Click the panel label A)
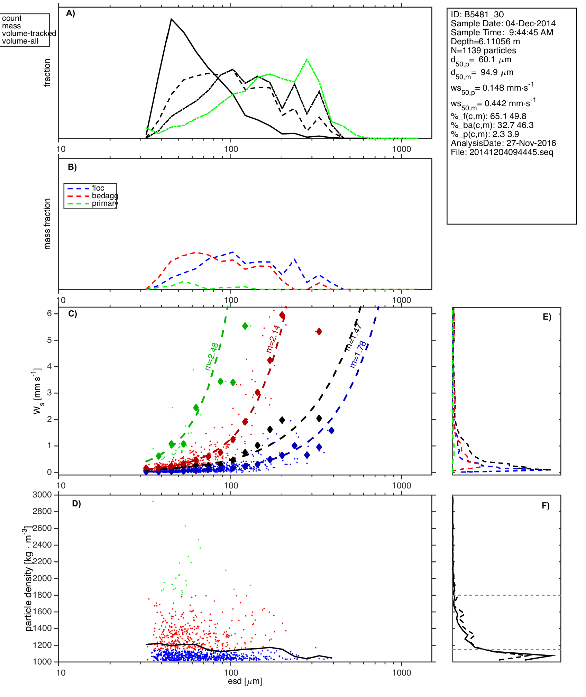click(71, 13)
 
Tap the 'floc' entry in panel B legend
click(98, 188)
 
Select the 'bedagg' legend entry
click(105, 196)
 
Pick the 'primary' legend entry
click(105, 203)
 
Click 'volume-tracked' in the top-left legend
click(29, 34)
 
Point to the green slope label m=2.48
click(212, 356)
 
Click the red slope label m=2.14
click(273, 339)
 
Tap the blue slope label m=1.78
click(358, 354)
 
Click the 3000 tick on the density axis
click(42, 495)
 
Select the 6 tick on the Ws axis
click(49, 313)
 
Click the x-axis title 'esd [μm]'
click(245, 681)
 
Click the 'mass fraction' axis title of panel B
click(47, 224)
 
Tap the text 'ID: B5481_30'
click(477, 15)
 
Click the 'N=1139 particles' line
click(483, 51)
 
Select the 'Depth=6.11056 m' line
click(485, 42)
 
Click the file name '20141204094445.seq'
click(511, 152)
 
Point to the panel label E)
click(547, 317)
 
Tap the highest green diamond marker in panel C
click(245, 326)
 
